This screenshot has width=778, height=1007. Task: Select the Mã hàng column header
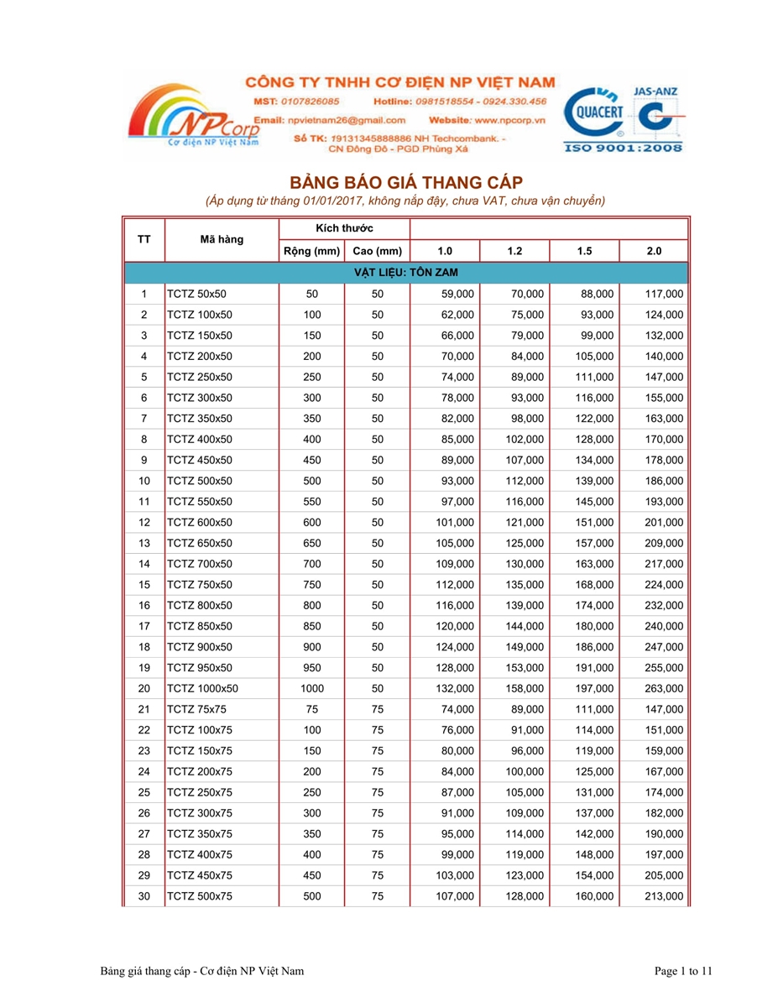(222, 239)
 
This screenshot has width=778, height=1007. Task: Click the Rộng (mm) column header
(311, 251)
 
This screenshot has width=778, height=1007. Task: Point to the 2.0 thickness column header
(654, 251)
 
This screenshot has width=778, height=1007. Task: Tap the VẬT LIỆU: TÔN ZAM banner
(405, 273)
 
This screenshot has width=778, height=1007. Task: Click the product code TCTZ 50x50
(197, 294)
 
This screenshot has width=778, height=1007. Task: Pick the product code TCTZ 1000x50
(203, 688)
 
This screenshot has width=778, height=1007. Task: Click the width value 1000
(311, 688)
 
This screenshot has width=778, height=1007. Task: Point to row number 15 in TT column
(144, 584)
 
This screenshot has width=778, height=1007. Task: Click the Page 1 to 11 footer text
(683, 971)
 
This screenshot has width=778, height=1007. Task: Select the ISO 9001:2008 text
(625, 148)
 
